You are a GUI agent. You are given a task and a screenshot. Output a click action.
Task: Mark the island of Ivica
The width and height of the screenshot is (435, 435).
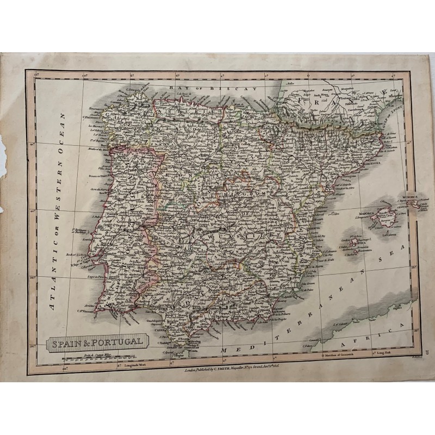[354, 240]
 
